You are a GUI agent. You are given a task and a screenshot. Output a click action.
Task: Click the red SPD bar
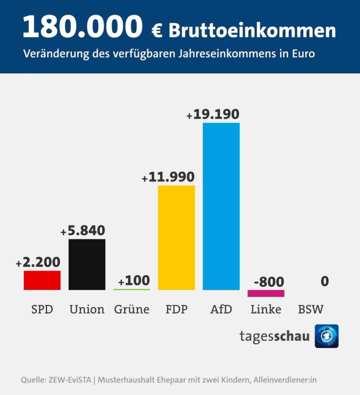[42, 280]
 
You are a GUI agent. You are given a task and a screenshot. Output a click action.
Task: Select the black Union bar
[87, 264]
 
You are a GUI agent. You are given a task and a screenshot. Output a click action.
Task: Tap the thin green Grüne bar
[132, 289]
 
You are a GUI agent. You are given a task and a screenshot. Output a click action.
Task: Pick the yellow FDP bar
[177, 238]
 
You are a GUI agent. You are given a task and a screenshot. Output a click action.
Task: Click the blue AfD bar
[221, 206]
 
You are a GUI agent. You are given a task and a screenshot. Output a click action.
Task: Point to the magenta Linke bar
[266, 293]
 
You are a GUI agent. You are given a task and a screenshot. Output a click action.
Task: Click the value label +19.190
[213, 114]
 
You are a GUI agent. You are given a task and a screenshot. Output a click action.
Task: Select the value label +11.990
[168, 177]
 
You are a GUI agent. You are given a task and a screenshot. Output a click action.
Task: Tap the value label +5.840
[83, 231]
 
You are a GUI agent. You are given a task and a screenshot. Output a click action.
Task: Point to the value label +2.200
[38, 262]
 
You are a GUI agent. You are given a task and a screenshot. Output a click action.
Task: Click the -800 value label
[269, 282]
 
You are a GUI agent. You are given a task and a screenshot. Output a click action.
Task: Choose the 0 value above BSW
[324, 281]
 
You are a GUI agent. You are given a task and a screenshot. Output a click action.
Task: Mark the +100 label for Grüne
[134, 281]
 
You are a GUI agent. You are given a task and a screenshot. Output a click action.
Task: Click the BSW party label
[311, 309]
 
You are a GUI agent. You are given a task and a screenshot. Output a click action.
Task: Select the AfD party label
[221, 309]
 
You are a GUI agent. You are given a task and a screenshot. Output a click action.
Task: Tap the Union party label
[87, 309]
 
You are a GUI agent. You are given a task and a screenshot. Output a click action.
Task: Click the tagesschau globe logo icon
[326, 336]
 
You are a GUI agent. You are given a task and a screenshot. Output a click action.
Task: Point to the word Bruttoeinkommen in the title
[252, 31]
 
